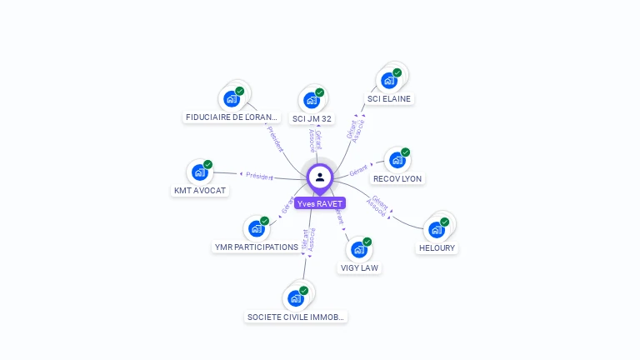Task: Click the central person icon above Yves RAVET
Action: [x=320, y=177]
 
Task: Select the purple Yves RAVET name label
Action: [x=320, y=203]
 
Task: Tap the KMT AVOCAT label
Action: [x=200, y=190]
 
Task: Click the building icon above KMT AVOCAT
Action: [x=199, y=172]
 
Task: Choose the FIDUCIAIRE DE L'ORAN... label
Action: [x=232, y=117]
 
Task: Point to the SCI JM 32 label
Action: [x=312, y=118]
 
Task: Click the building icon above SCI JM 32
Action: [x=312, y=100]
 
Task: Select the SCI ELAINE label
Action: [x=389, y=98]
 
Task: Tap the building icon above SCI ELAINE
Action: [x=388, y=81]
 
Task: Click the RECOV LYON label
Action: [x=397, y=178]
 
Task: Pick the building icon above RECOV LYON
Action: [x=397, y=160]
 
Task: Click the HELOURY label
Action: [x=437, y=247]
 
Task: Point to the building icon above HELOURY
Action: [x=436, y=229]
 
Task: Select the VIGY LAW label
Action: [x=360, y=267]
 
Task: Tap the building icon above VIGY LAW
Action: [x=358, y=249]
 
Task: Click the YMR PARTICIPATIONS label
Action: [x=257, y=247]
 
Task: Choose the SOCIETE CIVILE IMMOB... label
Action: [x=296, y=317]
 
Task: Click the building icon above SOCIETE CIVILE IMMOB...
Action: [x=295, y=298]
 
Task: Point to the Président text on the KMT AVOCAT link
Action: [x=259, y=176]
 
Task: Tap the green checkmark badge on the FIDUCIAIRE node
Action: [x=240, y=91]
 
